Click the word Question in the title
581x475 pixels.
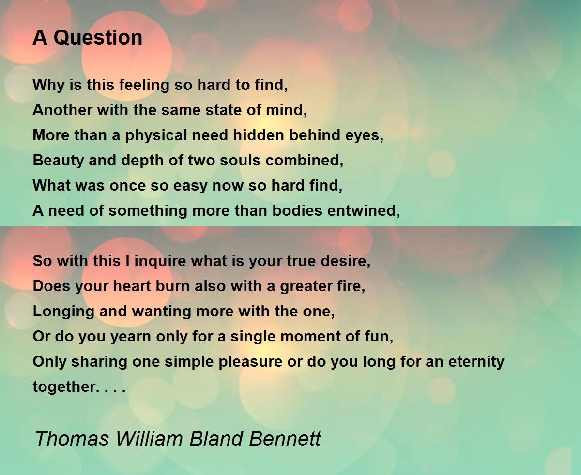point(98,38)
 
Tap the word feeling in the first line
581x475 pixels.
point(144,85)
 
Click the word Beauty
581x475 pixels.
point(58,161)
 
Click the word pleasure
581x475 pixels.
point(250,362)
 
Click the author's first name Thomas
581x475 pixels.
point(72,438)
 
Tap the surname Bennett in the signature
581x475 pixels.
point(285,438)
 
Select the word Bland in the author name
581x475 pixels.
point(216,438)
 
